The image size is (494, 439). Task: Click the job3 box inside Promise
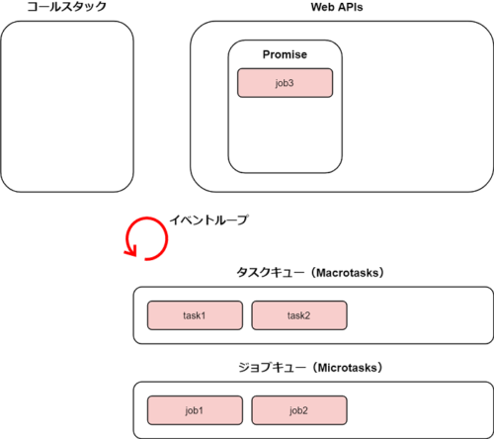tap(285, 83)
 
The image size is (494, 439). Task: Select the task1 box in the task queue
tap(195, 315)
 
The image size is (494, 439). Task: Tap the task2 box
tap(299, 315)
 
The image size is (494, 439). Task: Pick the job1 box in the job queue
tap(195, 410)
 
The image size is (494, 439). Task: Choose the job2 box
tap(299, 410)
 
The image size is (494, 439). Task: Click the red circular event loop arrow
tap(167, 237)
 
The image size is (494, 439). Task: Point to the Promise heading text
tap(285, 54)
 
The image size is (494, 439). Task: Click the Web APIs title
tap(337, 7)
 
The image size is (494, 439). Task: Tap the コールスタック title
tap(67, 7)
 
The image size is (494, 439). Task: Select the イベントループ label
tap(208, 219)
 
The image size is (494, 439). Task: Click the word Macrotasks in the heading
tap(348, 273)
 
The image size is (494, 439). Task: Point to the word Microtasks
tap(347, 368)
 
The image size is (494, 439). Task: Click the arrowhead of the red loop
tap(131, 250)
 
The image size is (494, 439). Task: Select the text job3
tap(285, 83)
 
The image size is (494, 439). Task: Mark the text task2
tap(298, 315)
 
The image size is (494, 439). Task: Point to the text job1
tap(194, 410)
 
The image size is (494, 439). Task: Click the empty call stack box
tap(67, 107)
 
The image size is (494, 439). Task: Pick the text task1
tap(195, 315)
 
